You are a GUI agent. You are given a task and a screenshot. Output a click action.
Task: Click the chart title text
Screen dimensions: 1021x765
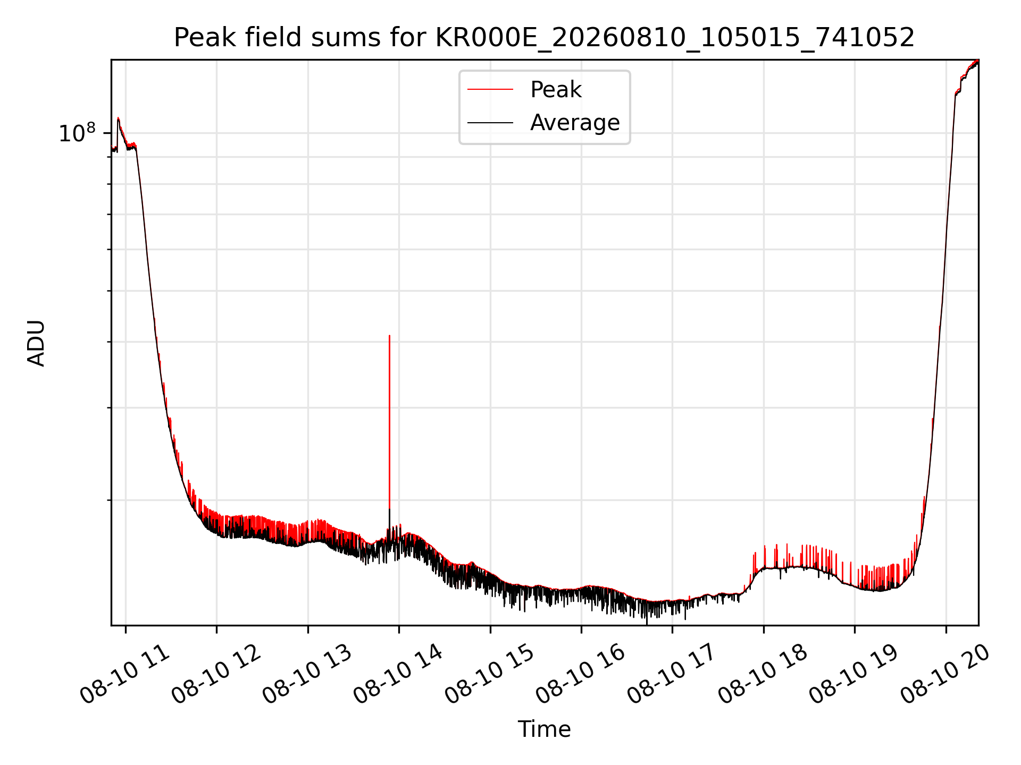[x=544, y=38]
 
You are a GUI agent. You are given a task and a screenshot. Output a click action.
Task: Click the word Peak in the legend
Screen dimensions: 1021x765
[x=556, y=90]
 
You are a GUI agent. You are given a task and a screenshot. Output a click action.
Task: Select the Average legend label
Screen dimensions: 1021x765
[x=575, y=123]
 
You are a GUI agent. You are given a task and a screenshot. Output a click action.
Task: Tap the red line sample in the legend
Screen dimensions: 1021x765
[x=490, y=90]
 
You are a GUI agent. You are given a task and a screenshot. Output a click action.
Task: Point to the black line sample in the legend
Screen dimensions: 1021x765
[x=490, y=123]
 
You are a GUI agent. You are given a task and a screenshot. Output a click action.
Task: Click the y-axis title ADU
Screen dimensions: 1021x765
[x=36, y=343]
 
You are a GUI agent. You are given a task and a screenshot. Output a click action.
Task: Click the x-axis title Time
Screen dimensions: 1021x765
[x=545, y=729]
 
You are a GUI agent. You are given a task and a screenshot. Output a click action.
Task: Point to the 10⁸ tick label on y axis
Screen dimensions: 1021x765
[x=77, y=133]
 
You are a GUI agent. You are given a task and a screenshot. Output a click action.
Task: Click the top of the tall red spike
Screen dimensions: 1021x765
[x=389, y=336]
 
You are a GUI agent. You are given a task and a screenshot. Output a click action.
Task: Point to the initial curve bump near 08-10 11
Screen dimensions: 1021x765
[x=118, y=118]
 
